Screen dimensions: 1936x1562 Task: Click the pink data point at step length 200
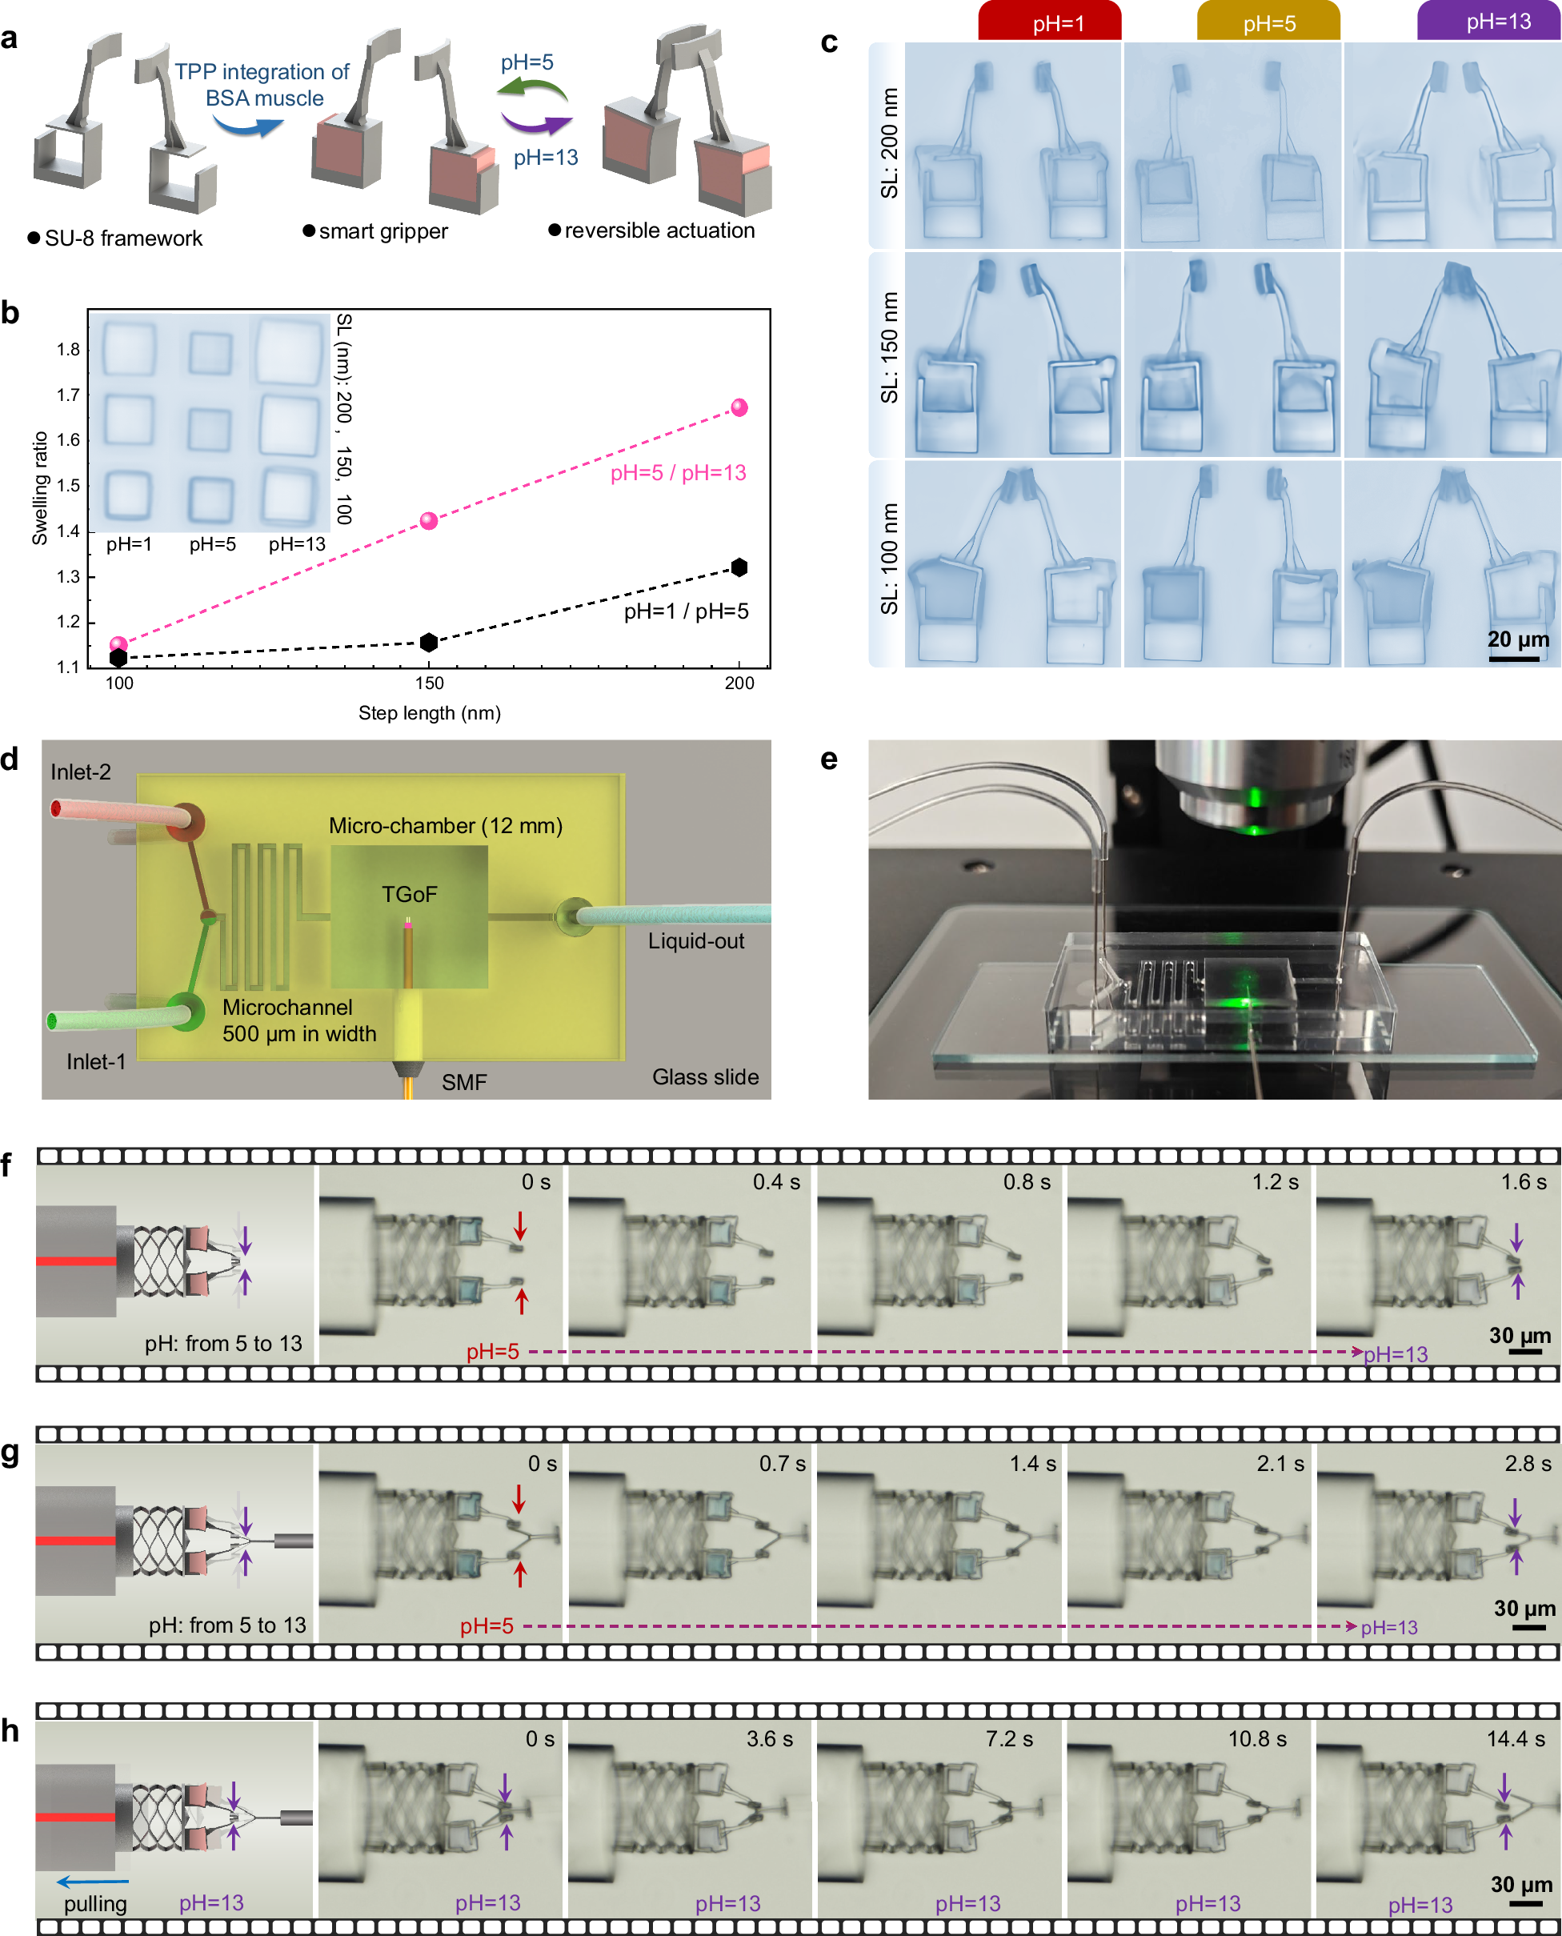(x=739, y=407)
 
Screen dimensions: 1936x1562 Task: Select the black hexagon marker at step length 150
(x=429, y=642)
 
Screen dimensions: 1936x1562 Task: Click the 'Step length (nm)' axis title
(x=429, y=713)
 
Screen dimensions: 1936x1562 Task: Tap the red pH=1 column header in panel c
(x=1049, y=22)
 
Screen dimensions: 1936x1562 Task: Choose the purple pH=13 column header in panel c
(x=1488, y=21)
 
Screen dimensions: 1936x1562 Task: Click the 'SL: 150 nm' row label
(x=889, y=347)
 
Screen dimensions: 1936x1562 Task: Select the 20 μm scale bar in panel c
(x=1513, y=659)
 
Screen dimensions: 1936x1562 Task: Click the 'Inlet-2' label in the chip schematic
(x=81, y=772)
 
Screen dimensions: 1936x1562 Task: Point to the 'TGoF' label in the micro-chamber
(x=410, y=894)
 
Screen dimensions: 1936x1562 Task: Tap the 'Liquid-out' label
(x=695, y=940)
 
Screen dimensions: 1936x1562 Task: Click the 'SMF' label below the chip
(x=463, y=1082)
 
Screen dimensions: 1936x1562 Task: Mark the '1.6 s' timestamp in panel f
(x=1523, y=1182)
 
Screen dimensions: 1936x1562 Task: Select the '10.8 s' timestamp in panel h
(x=1257, y=1739)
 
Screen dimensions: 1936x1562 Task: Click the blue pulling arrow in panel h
(x=93, y=1881)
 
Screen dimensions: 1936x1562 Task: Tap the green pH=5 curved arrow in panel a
(x=532, y=89)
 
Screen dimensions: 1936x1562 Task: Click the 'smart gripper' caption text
(x=383, y=231)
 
